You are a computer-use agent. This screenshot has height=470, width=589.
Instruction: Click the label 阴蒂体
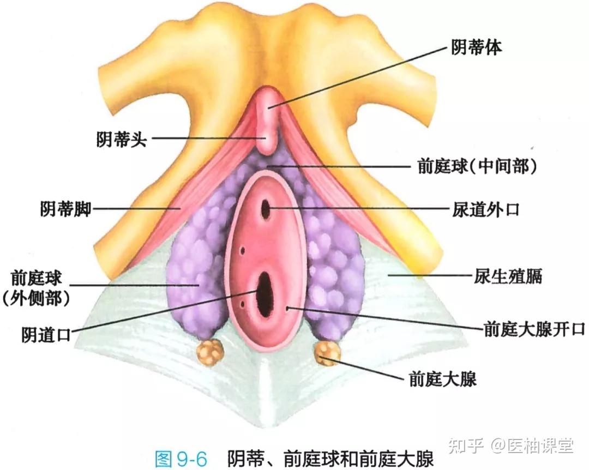click(x=476, y=48)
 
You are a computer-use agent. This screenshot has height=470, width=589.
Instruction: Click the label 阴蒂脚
click(x=65, y=208)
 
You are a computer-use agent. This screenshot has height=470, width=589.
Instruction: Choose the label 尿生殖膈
click(x=507, y=276)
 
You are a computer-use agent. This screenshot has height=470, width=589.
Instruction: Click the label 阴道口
click(x=46, y=334)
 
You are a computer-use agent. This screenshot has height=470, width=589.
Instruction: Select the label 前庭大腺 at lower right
click(x=442, y=378)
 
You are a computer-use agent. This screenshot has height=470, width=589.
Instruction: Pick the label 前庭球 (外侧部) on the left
click(x=37, y=289)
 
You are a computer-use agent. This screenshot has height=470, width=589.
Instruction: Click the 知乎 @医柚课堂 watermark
click(x=510, y=446)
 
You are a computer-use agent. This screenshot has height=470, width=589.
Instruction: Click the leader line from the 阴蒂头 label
click(x=207, y=138)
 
